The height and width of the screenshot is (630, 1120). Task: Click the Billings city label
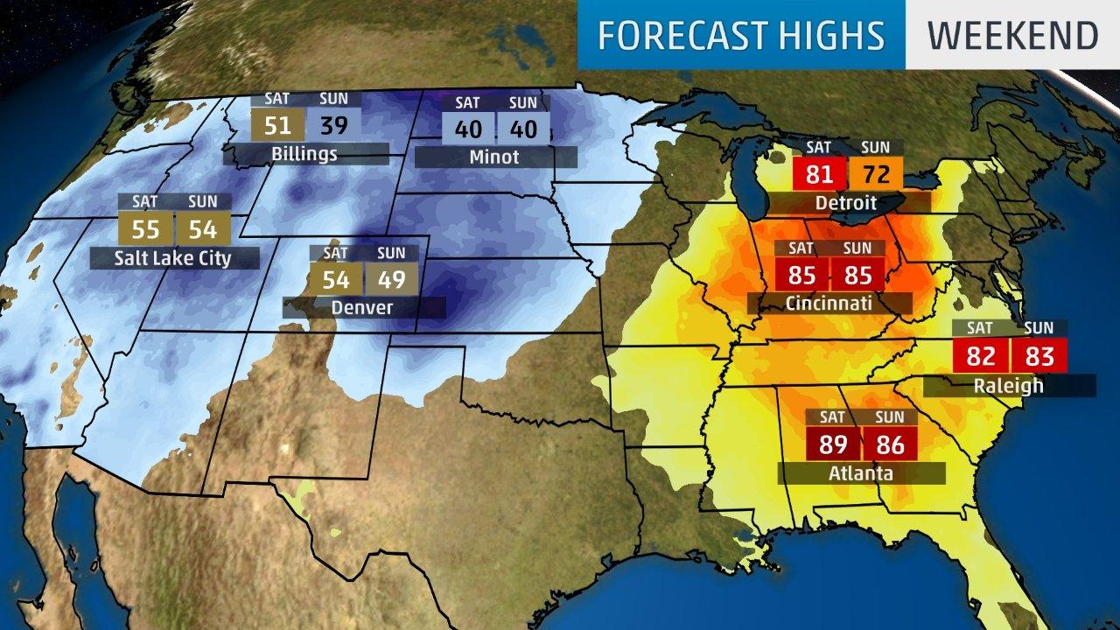[304, 155]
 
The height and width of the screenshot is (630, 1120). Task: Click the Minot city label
[494, 157]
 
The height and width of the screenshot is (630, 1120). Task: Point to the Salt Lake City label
[172, 258]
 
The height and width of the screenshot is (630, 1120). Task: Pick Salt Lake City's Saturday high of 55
[145, 228]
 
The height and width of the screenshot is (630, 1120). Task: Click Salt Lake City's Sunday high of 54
[202, 228]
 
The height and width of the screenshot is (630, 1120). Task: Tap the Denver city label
[361, 307]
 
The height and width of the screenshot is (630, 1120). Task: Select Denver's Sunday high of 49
[391, 279]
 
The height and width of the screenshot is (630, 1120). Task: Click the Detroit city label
[844, 203]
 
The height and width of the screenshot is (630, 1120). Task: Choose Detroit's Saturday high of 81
[819, 174]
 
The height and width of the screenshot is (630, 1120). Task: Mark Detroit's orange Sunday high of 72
[876, 174]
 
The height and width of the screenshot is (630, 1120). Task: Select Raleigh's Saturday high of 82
[981, 356]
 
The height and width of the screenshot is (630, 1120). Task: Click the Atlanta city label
[861, 473]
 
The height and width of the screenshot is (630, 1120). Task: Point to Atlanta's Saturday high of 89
[833, 444]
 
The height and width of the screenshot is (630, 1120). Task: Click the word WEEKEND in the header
[1012, 35]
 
